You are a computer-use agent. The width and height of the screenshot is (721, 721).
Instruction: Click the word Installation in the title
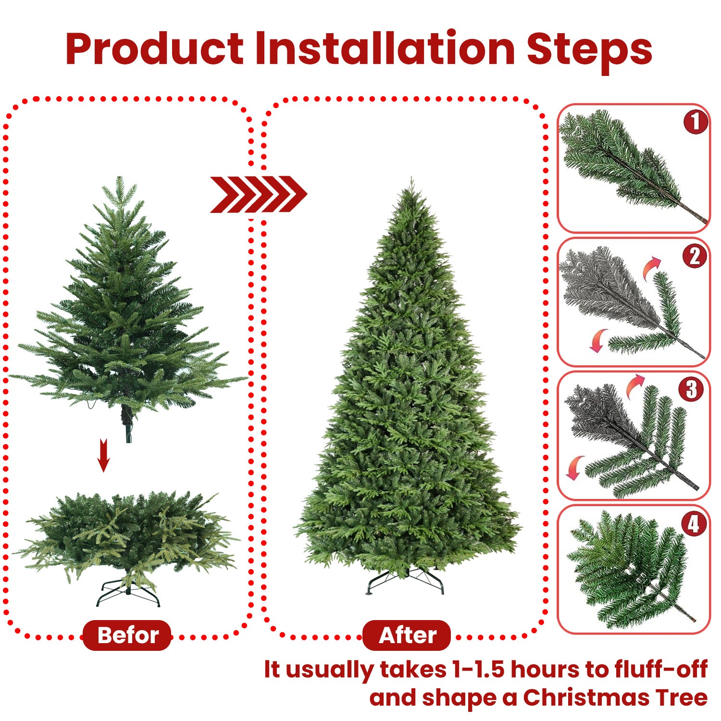(385, 49)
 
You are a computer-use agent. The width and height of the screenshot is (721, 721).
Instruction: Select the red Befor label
(127, 635)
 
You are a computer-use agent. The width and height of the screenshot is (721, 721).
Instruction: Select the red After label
(407, 635)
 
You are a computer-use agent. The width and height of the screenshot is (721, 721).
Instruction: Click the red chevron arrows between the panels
(258, 194)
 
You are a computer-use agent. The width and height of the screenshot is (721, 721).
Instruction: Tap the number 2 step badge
(695, 256)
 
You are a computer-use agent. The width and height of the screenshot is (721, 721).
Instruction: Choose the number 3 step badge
(691, 389)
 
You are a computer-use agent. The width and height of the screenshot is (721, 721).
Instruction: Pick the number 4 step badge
(694, 523)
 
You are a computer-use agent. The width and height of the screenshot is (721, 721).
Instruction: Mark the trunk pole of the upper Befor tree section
(128, 423)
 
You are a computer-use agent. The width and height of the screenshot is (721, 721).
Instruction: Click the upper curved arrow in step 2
(652, 267)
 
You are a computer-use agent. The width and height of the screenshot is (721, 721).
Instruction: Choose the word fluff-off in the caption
(660, 669)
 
